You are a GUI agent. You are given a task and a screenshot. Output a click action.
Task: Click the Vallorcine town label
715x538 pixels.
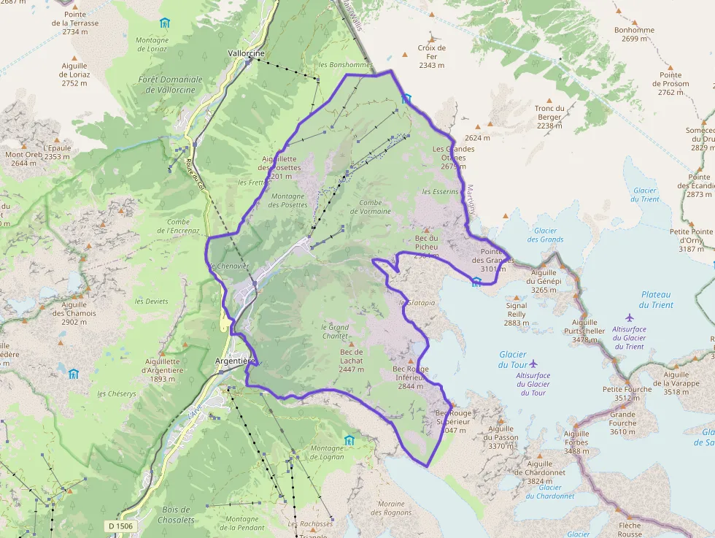pyautogui.click(x=247, y=53)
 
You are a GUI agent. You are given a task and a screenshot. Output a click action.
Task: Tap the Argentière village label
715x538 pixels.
pyautogui.click(x=236, y=361)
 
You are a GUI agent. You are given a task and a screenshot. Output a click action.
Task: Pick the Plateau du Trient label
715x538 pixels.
pyautogui.click(x=656, y=300)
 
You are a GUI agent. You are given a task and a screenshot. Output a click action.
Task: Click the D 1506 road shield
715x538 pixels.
pyautogui.click(x=120, y=526)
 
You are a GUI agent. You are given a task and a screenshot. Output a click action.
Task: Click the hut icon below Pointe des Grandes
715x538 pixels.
pyautogui.click(x=476, y=281)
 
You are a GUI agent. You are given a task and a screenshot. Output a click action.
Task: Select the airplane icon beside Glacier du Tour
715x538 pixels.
pyautogui.click(x=533, y=363)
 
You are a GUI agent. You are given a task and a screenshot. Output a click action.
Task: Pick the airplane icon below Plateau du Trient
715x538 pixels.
pyautogui.click(x=630, y=318)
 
